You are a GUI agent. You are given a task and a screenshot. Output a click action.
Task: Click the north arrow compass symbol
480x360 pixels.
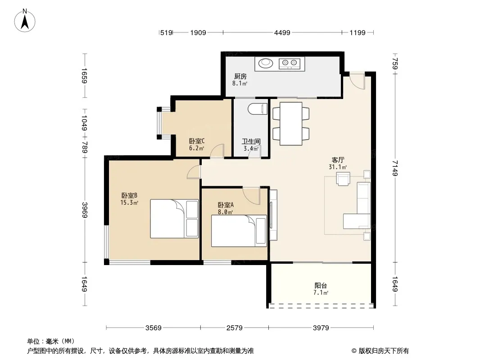[x=25, y=21]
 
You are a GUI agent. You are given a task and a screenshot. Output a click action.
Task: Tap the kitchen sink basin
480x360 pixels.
[x=265, y=63]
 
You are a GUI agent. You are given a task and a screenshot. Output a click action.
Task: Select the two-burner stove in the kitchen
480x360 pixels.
[x=290, y=63]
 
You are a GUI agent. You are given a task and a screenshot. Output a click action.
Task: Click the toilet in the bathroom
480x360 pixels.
[x=257, y=109]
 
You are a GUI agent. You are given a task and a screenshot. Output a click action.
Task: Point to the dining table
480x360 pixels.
[x=291, y=124]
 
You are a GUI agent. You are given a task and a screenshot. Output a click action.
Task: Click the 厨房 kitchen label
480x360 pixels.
[x=240, y=76]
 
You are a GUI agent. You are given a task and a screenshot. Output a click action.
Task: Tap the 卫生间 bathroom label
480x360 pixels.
[x=251, y=141]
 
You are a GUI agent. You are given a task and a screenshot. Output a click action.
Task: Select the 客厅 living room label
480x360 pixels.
[x=338, y=160]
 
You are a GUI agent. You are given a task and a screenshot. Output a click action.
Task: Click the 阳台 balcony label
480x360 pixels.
[x=321, y=286]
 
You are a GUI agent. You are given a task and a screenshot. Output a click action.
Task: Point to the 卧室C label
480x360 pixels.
[x=196, y=141]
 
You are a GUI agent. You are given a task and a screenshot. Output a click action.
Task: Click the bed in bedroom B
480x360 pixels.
[x=174, y=219]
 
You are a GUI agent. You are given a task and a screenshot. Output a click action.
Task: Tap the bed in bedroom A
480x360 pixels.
[x=239, y=231]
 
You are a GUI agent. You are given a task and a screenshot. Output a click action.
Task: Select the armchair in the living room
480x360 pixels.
[x=343, y=179]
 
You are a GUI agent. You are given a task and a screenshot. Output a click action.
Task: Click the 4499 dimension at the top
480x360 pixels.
[x=282, y=32]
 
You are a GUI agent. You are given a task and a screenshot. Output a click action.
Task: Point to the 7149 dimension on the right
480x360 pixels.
[x=395, y=168]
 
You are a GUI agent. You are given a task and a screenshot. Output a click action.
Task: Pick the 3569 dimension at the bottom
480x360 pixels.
[x=154, y=328]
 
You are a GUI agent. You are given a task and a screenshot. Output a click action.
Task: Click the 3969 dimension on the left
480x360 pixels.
[x=85, y=210]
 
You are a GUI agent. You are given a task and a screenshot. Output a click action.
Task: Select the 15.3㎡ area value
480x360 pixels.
[x=130, y=202]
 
